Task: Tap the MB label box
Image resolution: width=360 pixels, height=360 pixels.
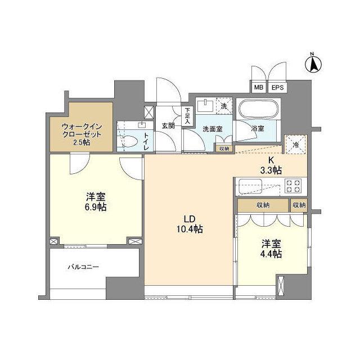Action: click(x=258, y=88)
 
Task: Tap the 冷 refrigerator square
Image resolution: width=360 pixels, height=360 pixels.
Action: click(x=296, y=144)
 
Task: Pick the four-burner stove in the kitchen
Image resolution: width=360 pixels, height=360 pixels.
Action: click(x=294, y=186)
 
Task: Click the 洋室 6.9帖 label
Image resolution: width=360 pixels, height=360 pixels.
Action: click(x=96, y=202)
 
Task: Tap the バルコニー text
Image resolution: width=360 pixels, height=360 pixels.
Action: click(x=84, y=267)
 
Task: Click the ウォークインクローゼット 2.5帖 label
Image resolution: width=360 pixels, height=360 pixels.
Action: click(x=82, y=134)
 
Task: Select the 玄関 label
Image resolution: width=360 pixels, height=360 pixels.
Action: click(x=168, y=125)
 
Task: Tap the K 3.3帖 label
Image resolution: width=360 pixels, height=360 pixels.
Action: click(x=271, y=165)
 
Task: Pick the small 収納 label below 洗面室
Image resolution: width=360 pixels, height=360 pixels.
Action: click(x=224, y=148)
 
